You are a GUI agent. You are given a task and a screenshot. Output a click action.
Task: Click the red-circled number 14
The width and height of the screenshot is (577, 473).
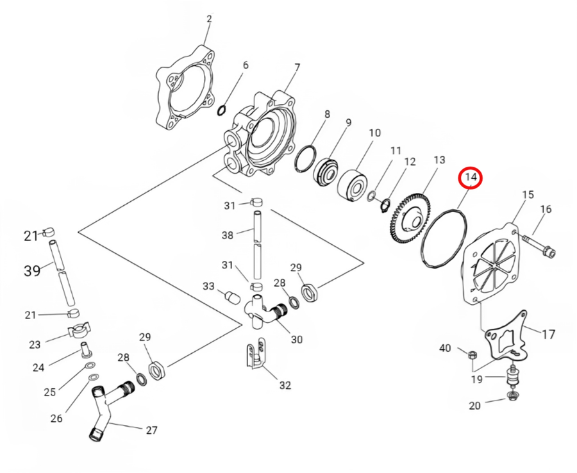(x=471, y=177)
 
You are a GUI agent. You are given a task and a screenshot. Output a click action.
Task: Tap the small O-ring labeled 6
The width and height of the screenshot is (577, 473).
(x=222, y=110)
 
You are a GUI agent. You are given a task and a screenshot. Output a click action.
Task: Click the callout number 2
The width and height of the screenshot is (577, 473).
(x=209, y=19)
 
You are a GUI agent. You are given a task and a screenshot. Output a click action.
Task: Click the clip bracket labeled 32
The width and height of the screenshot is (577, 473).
(x=255, y=355)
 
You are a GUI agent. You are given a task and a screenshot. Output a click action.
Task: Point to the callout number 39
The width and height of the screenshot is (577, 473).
(x=32, y=270)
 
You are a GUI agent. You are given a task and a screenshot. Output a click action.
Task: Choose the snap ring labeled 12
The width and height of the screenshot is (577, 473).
(x=385, y=205)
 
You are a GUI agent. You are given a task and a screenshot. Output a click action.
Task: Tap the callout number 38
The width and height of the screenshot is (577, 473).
(x=228, y=235)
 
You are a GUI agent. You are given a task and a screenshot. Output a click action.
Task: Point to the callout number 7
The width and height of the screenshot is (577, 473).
(x=297, y=68)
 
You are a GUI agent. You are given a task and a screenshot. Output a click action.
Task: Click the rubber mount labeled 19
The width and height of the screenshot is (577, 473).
(x=512, y=376)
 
